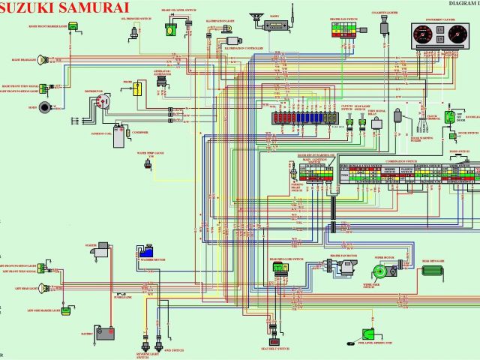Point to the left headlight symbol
pos(47,289)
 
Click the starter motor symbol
pos(97,254)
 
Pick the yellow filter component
pos(138,89)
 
